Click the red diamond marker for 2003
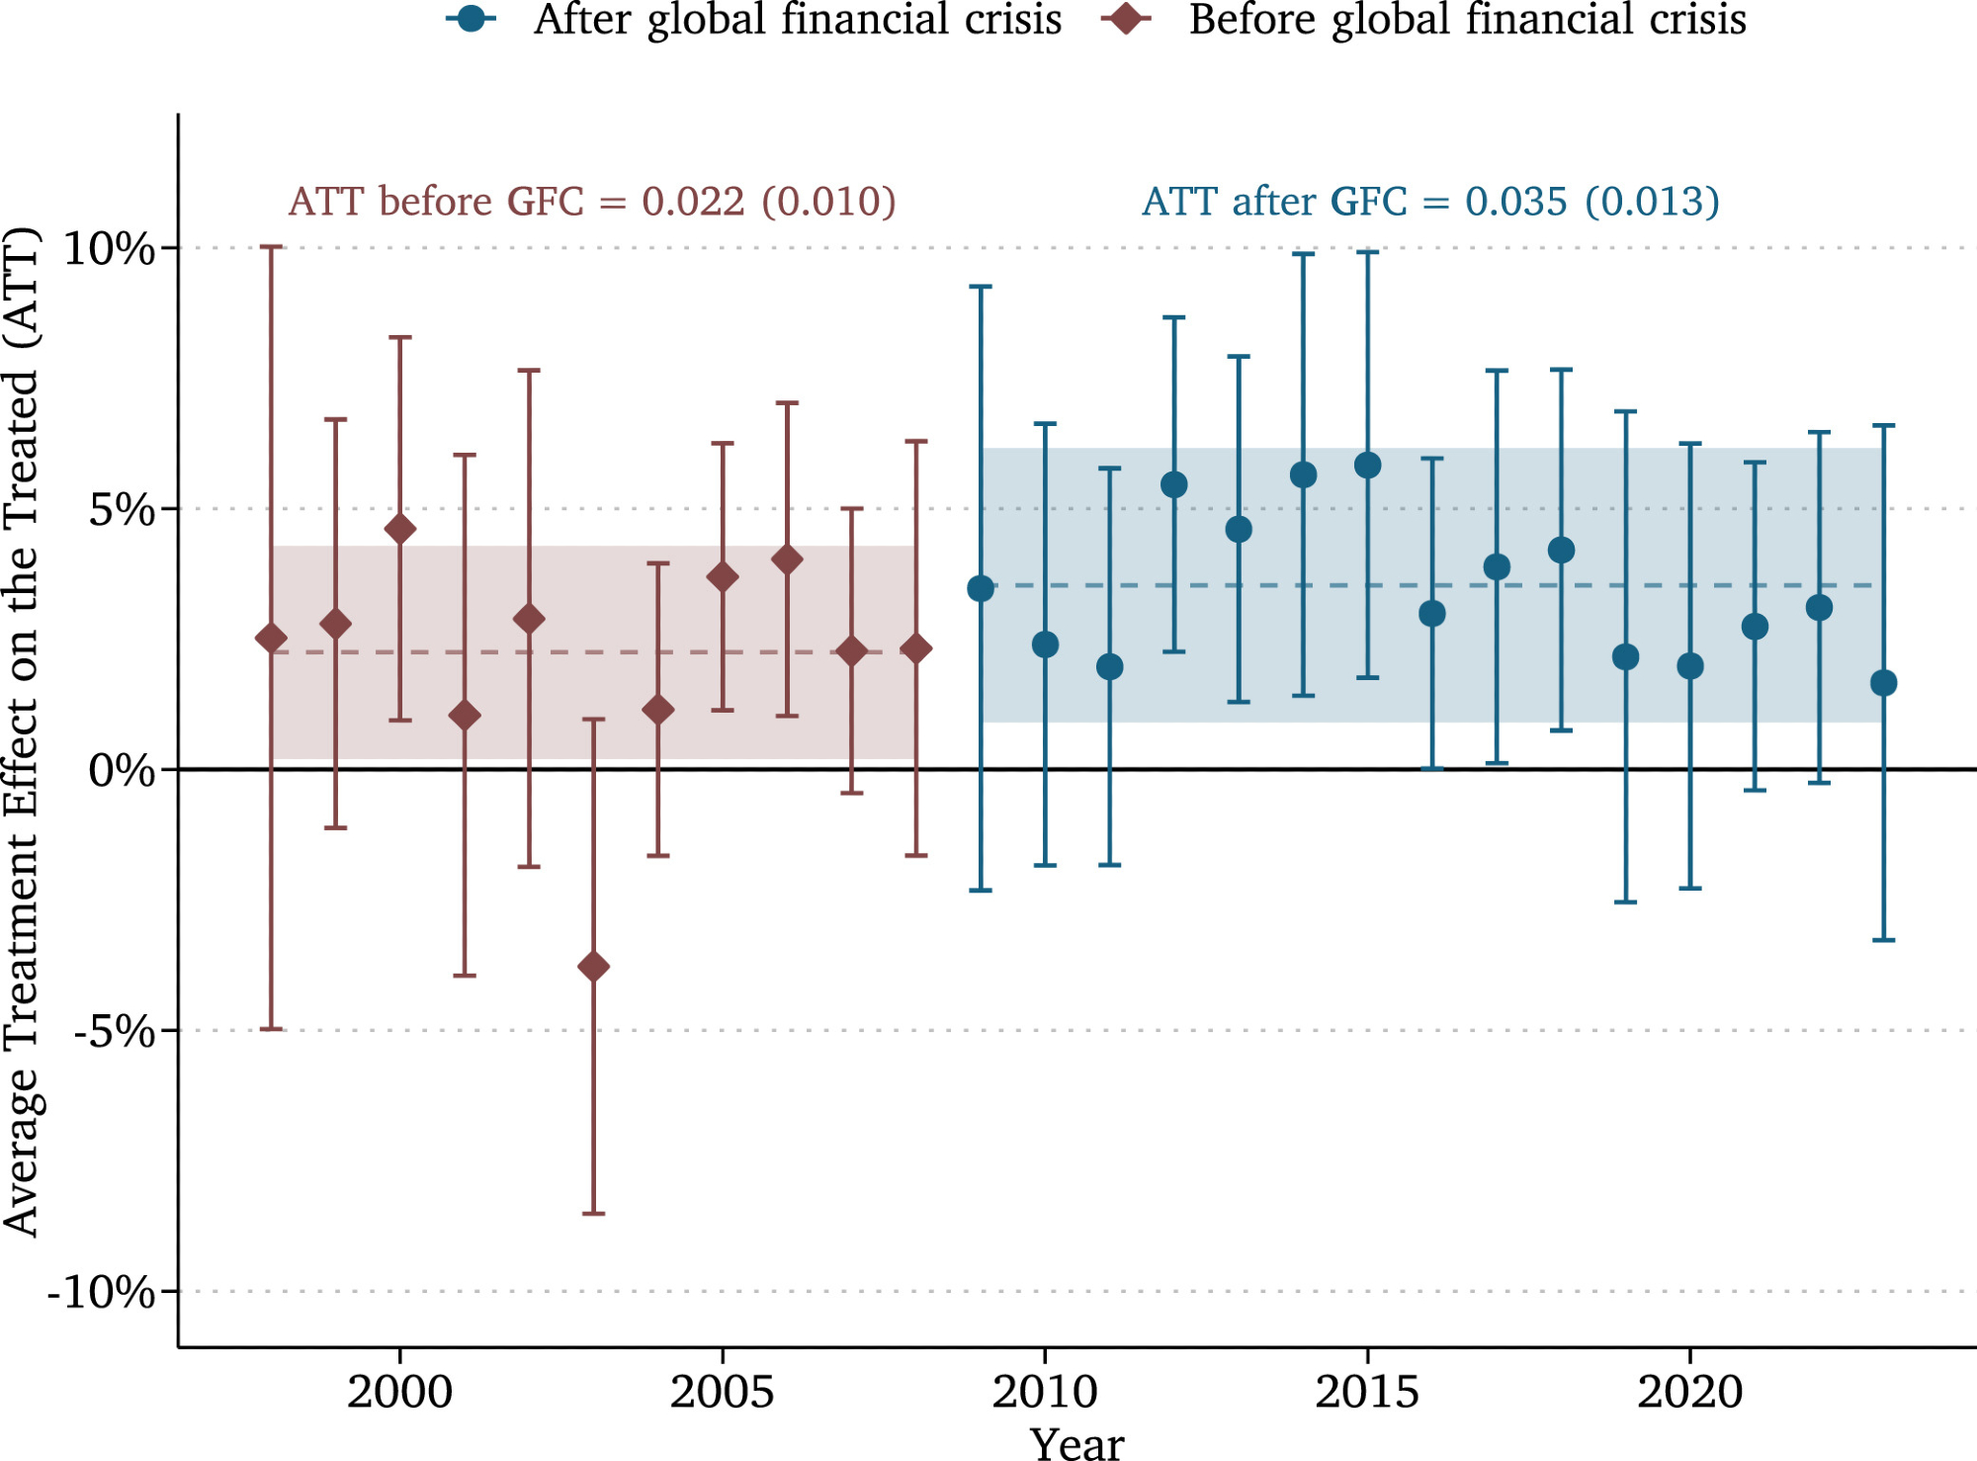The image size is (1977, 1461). (593, 966)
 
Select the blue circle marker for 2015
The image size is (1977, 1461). (1367, 465)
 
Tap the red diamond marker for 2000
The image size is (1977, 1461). (400, 529)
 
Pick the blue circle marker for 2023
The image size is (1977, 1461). (1883, 682)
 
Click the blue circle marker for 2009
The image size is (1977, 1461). (981, 589)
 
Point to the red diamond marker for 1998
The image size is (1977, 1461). (271, 639)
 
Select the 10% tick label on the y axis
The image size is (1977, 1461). (109, 248)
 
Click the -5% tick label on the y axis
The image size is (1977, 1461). (115, 1031)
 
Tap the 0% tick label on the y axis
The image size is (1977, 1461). (122, 770)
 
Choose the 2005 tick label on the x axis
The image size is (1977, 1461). (722, 1392)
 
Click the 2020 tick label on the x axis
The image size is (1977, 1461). (1689, 1392)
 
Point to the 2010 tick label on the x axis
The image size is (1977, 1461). (1045, 1392)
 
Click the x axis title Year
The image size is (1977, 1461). (1076, 1443)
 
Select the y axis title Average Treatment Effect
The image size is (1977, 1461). (22, 731)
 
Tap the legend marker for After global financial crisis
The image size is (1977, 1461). (472, 19)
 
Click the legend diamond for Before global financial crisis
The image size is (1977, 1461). (1125, 19)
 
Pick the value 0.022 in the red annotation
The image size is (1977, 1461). (692, 202)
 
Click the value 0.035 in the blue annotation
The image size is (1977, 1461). (1515, 202)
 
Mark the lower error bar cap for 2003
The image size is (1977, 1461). (593, 1213)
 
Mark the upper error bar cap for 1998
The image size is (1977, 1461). (271, 247)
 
